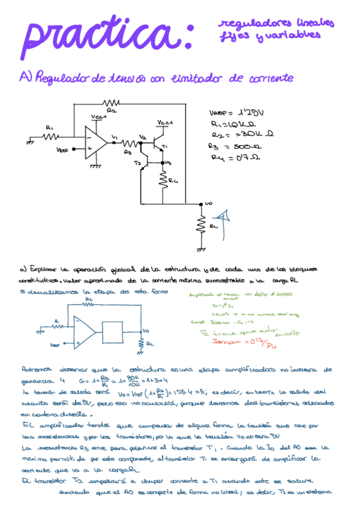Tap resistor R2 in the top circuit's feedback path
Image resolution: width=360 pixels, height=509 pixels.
(x=111, y=103)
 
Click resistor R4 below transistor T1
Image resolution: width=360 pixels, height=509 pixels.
(x=163, y=178)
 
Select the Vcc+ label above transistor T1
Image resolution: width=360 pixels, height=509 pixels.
(x=165, y=122)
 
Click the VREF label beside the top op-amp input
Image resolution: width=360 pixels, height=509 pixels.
(x=62, y=149)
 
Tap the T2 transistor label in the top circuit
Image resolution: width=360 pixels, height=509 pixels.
(x=136, y=163)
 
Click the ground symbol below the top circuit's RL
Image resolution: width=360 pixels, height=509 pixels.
(x=202, y=248)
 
